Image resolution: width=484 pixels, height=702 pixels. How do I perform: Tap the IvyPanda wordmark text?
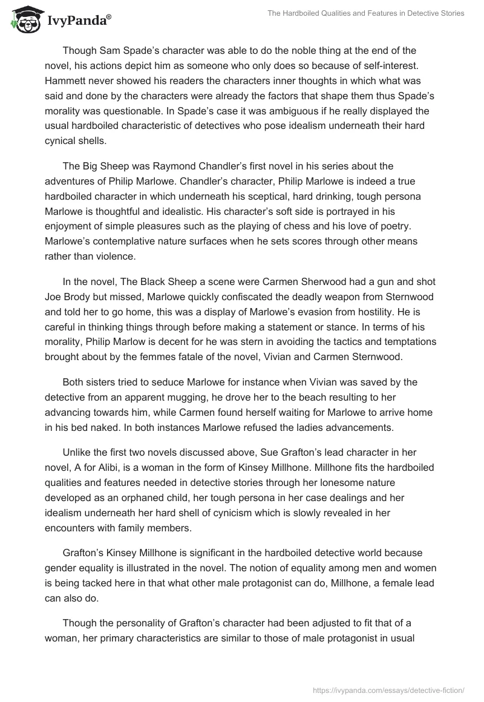(x=79, y=21)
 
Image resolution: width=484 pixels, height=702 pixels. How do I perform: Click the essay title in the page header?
(x=365, y=14)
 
